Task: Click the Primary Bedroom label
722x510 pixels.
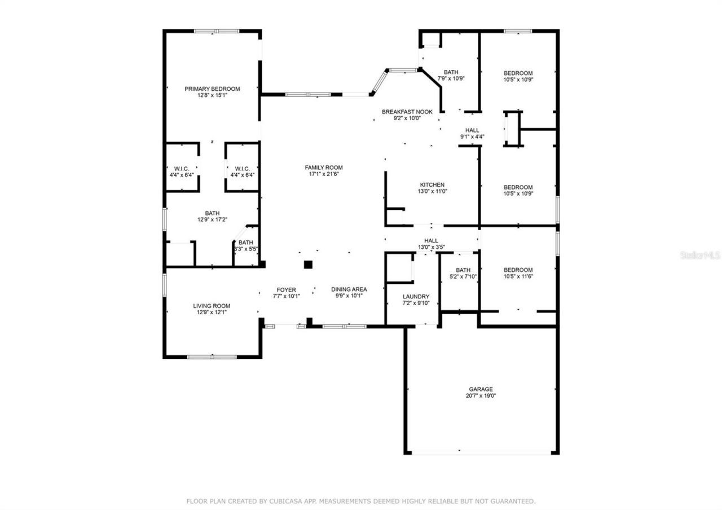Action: (212, 89)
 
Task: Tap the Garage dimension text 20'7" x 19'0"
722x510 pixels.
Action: (481, 396)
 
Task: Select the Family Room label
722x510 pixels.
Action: (323, 168)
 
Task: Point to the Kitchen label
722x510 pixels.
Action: (432, 185)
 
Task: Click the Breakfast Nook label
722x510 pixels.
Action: (407, 112)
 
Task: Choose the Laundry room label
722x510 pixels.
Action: (416, 297)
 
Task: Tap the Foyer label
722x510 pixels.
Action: (286, 290)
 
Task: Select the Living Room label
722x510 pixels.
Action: (212, 306)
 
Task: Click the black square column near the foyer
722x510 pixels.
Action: (308, 264)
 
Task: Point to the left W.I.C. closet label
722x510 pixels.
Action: (182, 168)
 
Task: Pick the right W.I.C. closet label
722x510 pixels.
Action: (242, 168)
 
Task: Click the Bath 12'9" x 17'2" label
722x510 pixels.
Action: (212, 213)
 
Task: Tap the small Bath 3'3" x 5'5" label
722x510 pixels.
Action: (245, 243)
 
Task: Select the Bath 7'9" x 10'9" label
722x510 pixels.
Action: (451, 72)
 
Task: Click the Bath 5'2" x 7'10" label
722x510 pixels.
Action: (463, 270)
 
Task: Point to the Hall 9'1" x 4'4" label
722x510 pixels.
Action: (472, 130)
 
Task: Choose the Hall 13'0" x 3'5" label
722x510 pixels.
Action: (432, 241)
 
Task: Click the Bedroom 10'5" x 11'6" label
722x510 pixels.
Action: (518, 270)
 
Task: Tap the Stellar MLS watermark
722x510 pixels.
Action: (700, 255)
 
